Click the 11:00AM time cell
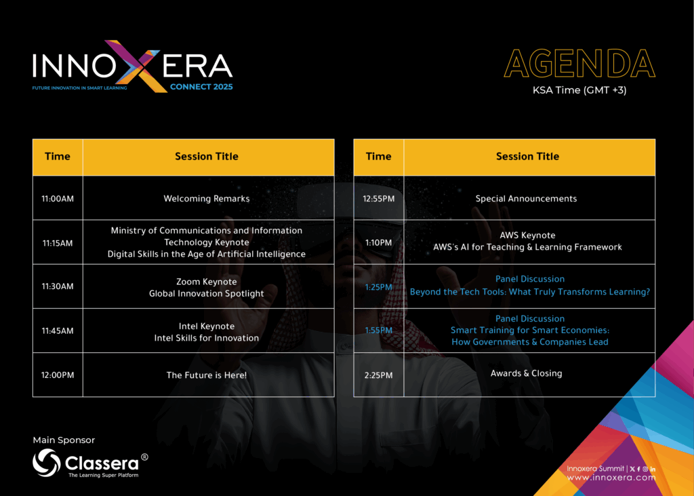pos(58,199)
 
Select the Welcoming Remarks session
pos(207,199)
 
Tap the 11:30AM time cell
pos(58,286)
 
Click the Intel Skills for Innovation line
pos(207,338)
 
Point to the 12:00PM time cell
pos(58,375)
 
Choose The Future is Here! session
pos(207,375)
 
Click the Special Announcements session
pos(526,199)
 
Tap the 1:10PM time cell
pos(378,243)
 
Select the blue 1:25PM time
pos(378,287)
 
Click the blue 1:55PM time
pos(378,330)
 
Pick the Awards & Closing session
pos(526,373)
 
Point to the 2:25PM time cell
pos(378,375)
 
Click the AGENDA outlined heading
pos(580,64)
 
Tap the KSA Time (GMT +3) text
pos(579,90)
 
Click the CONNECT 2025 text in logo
pos(201,86)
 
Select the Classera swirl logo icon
pos(47,463)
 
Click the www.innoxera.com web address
pos(611,478)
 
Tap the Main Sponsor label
pos(64,440)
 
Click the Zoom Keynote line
pos(207,282)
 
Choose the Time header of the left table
pos(58,157)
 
